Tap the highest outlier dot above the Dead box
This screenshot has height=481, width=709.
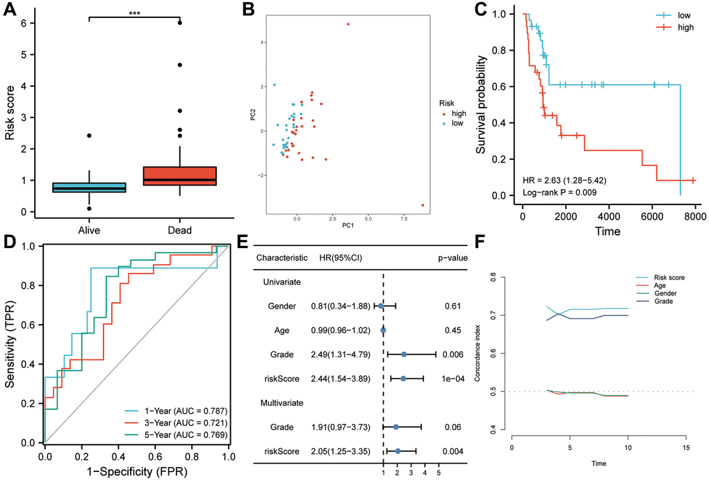(180, 23)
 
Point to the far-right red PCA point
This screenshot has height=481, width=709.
(423, 205)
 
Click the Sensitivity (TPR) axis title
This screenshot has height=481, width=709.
(10, 343)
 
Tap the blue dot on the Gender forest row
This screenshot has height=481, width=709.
(380, 304)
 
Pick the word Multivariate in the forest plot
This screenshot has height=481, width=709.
(286, 403)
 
